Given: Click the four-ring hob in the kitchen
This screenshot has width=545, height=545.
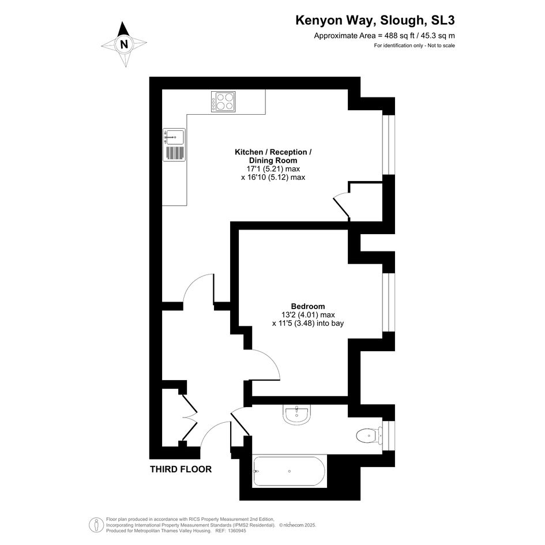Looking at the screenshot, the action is click(x=223, y=102).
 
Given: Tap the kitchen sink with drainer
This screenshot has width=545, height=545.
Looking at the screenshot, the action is click(x=174, y=145).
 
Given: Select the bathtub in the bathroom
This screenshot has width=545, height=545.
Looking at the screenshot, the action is click(x=289, y=471).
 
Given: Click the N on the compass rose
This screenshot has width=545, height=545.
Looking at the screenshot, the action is click(x=124, y=44).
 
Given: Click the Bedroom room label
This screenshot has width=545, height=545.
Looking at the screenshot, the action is click(x=308, y=306).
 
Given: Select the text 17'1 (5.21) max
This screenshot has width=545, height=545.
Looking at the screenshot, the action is click(x=273, y=169).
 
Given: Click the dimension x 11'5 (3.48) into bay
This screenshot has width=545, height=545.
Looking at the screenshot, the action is click(x=308, y=323).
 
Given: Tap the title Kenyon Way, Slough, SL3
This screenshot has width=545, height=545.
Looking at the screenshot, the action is click(x=375, y=20).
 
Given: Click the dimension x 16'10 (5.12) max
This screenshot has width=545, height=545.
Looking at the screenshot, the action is click(x=273, y=177).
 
